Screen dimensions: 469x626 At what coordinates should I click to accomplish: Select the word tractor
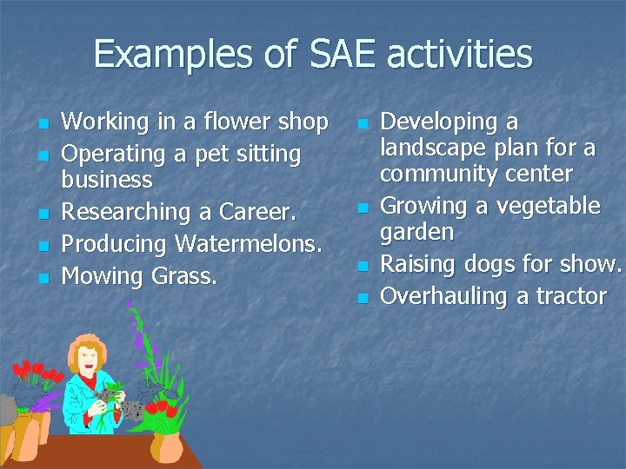[570, 296]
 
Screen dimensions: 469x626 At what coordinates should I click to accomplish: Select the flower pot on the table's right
[166, 446]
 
